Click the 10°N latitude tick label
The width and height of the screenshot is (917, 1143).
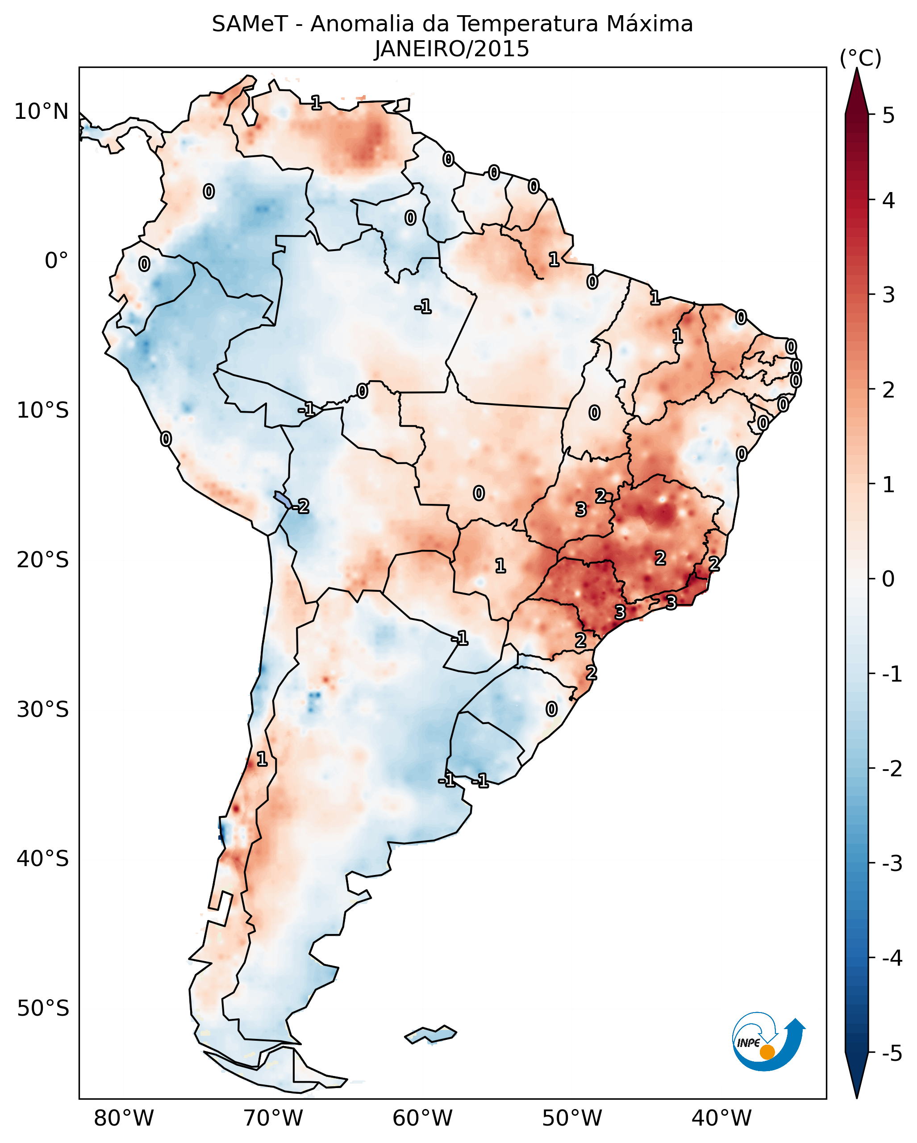click(x=42, y=112)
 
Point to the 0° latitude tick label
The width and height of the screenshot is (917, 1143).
click(x=56, y=261)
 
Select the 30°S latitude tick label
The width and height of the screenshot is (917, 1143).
click(x=42, y=709)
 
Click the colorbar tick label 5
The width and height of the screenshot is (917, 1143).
click(x=888, y=115)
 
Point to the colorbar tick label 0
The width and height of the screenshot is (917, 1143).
click(x=888, y=578)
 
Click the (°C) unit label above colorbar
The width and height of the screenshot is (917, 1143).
click(x=860, y=59)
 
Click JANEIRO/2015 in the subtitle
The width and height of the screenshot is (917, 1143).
click(x=452, y=49)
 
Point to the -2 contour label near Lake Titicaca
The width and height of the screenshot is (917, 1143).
click(x=301, y=507)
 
